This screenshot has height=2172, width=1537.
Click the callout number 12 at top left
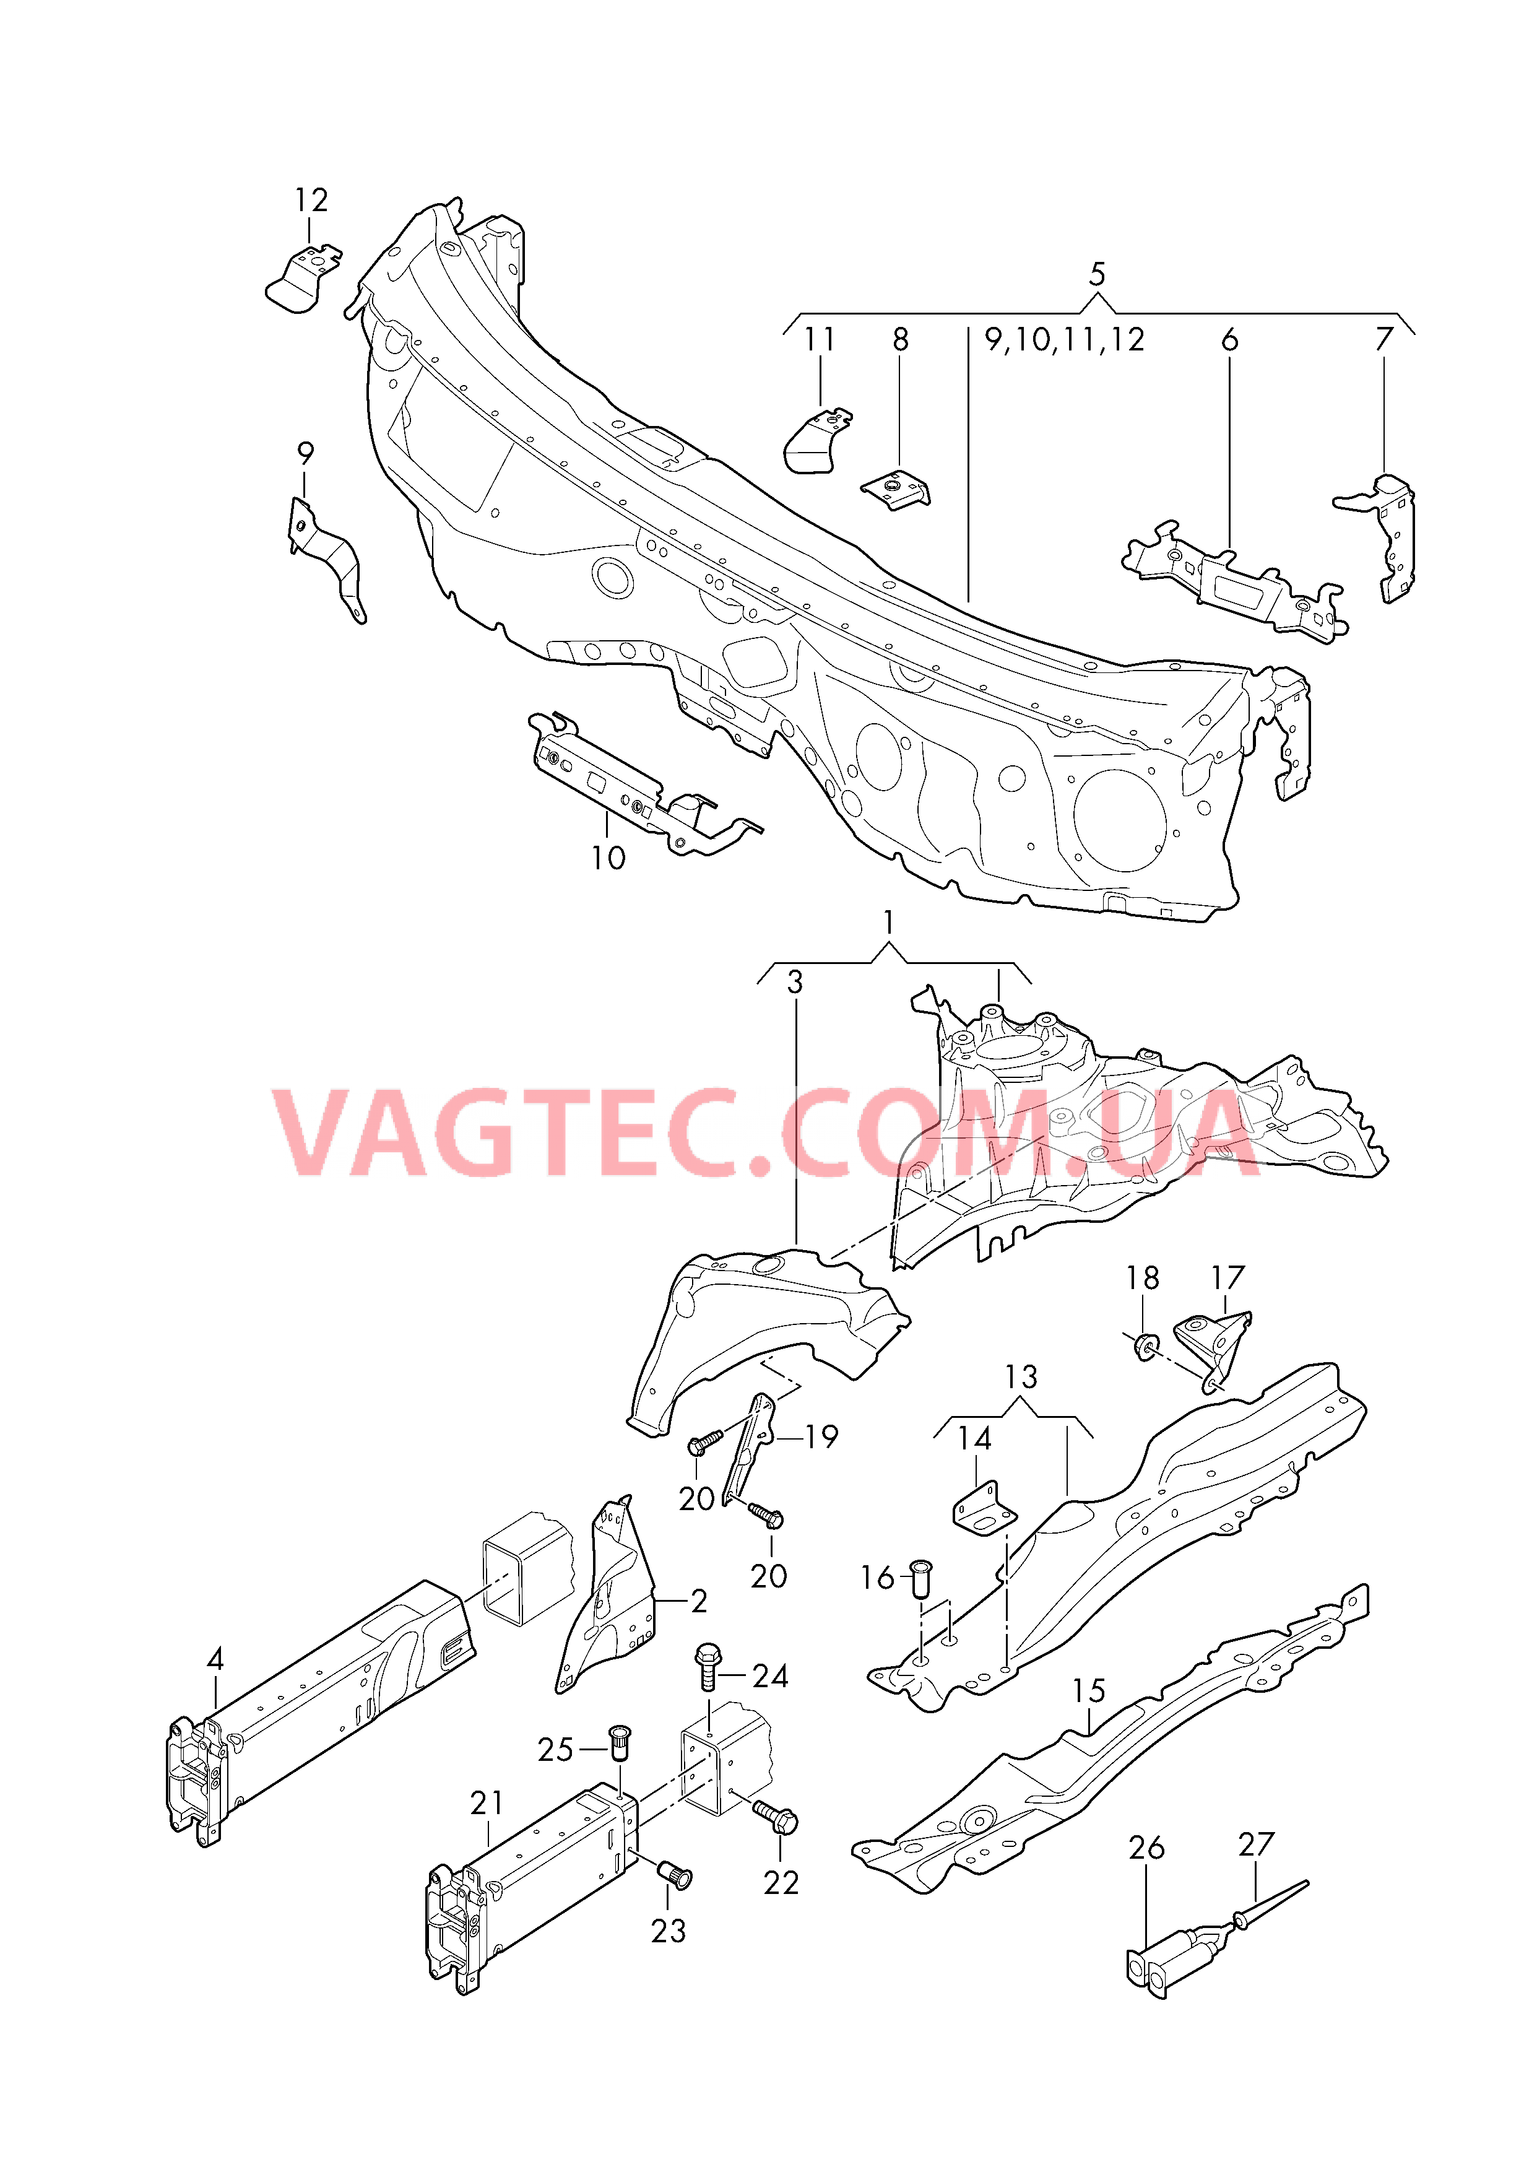(x=310, y=201)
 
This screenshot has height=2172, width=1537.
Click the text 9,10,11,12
(x=1065, y=340)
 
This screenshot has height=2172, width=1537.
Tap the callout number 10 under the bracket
(x=608, y=858)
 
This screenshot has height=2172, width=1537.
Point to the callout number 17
(x=1227, y=1278)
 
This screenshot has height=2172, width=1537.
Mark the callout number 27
(x=1256, y=1844)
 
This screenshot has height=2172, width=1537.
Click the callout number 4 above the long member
(x=216, y=1659)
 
